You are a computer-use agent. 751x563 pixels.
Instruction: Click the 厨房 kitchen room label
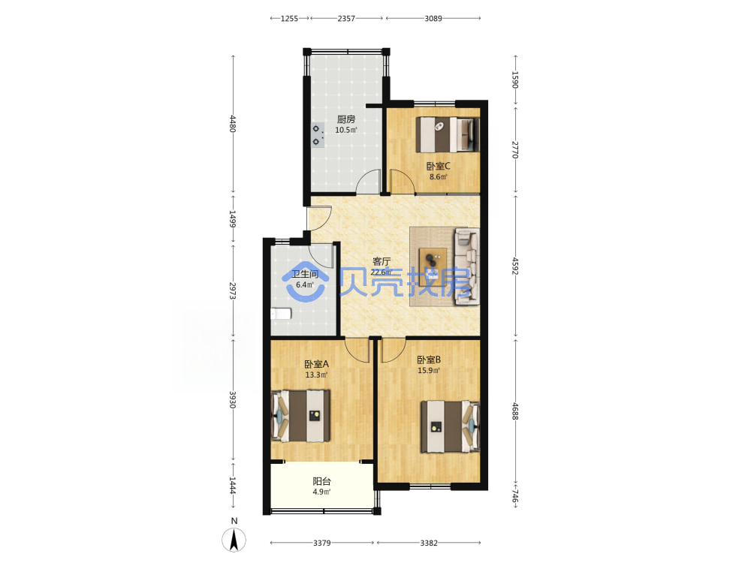click(x=345, y=119)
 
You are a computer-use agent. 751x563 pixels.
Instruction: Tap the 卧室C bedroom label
click(x=439, y=166)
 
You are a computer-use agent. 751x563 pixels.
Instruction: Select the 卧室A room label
click(x=317, y=364)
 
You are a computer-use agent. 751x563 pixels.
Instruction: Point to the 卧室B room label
click(x=429, y=360)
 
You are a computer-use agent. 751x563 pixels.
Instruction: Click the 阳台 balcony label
click(x=321, y=482)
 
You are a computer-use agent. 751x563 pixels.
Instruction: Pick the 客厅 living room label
click(x=382, y=261)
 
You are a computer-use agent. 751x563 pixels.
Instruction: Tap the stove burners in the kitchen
click(x=317, y=135)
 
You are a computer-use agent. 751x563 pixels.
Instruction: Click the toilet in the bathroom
click(x=281, y=314)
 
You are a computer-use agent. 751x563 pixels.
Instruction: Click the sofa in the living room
click(x=466, y=266)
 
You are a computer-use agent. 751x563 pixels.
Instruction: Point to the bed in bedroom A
click(x=301, y=416)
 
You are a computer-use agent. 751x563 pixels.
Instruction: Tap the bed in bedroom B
click(x=450, y=426)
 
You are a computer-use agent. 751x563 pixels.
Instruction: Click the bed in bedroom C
click(x=448, y=134)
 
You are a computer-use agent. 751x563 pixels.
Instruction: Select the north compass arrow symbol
click(x=234, y=540)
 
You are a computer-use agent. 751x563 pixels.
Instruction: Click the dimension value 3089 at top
click(x=433, y=19)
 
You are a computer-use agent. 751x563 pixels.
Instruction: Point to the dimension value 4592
click(x=515, y=266)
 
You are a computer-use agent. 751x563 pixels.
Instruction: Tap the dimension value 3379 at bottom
click(x=322, y=543)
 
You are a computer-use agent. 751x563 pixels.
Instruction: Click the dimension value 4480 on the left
click(x=233, y=124)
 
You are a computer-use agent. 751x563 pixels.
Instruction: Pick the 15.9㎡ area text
click(x=429, y=371)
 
